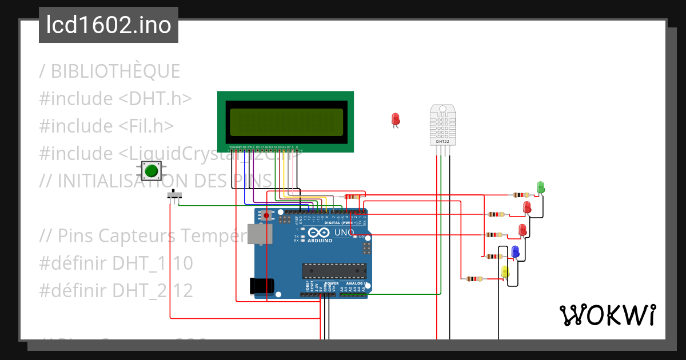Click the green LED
tap(540, 187)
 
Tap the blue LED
tap(515, 251)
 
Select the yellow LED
tap(505, 271)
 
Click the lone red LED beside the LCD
tap(395, 119)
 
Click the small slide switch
tap(175, 195)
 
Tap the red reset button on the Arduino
tap(266, 215)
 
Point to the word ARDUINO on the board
tap(320, 240)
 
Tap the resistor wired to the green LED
tap(521, 195)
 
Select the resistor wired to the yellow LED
tap(474, 279)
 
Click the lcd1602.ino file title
tap(109, 26)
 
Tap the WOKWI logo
tap(607, 315)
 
